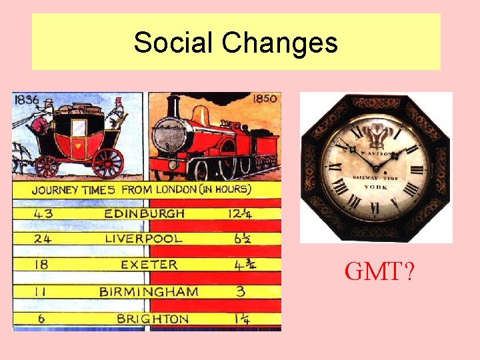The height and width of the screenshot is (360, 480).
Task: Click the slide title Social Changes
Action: pyautogui.click(x=235, y=43)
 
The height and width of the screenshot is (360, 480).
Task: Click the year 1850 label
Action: pyautogui.click(x=265, y=99)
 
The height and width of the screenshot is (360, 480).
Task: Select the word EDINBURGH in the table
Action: pyautogui.click(x=145, y=213)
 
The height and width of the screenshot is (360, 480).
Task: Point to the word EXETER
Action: pyautogui.click(x=149, y=265)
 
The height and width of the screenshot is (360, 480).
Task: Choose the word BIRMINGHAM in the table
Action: pyautogui.click(x=149, y=291)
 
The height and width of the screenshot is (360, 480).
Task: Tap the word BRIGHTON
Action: pyautogui.click(x=153, y=319)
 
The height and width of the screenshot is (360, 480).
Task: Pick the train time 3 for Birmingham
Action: pyautogui.click(x=240, y=291)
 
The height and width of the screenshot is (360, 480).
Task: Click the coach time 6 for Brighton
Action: pyautogui.click(x=41, y=319)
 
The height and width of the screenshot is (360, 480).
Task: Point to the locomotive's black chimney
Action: pyautogui.click(x=173, y=107)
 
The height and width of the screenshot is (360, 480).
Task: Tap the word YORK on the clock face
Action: pyautogui.click(x=375, y=187)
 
